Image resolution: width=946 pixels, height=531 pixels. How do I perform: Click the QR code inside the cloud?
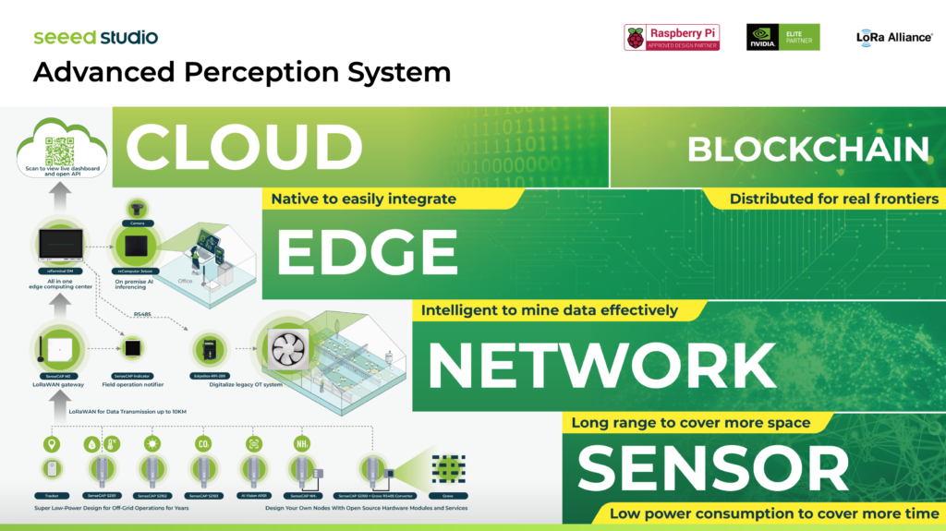[x=58, y=150]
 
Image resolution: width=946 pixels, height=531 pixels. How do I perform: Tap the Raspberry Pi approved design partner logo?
[x=672, y=37]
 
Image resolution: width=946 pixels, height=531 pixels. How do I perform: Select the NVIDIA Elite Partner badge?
[x=782, y=37]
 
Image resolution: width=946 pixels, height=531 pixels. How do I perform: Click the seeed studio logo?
[x=95, y=38]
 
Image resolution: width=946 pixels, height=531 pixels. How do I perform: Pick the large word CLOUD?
[x=244, y=148]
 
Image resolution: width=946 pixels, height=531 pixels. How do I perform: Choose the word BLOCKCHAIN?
[x=807, y=149]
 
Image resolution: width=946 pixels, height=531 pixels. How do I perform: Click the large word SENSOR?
[x=712, y=468]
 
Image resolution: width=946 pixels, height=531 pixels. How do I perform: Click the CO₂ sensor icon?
[x=204, y=444]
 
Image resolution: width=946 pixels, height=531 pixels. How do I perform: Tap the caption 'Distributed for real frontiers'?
[x=833, y=199]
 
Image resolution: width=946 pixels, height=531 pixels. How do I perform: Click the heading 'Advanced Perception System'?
[x=242, y=72]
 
